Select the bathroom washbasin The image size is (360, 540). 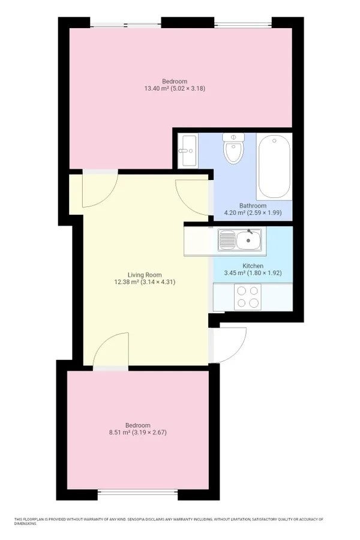pyautogui.click(x=188, y=151)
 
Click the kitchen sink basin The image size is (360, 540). pyautogui.click(x=248, y=239)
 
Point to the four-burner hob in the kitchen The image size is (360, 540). pyautogui.click(x=248, y=296)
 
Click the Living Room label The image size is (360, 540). pyautogui.click(x=145, y=275)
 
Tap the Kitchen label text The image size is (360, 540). pyautogui.click(x=253, y=266)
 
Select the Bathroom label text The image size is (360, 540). pyautogui.click(x=253, y=206)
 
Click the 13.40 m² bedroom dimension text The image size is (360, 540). pyautogui.click(x=175, y=89)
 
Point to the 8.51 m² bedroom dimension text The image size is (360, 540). pyautogui.click(x=138, y=432)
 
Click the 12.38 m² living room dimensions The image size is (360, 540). pyautogui.click(x=145, y=282)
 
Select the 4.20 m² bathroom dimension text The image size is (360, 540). pyautogui.click(x=253, y=213)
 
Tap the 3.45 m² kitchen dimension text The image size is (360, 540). pyautogui.click(x=253, y=273)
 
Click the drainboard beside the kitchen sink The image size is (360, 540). pyautogui.click(x=227, y=239)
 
